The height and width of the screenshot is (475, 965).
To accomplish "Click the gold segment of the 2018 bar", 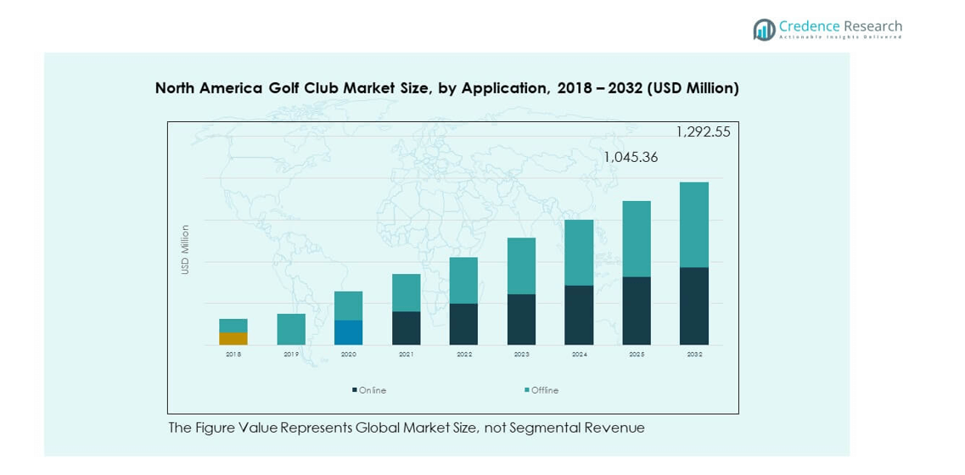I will point(233,338).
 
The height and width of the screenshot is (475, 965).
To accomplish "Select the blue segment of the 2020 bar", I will point(348,332).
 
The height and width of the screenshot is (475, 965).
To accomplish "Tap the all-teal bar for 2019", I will point(291,329).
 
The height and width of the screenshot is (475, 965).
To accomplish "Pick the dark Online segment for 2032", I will point(694,306).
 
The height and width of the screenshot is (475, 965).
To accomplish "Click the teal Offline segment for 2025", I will point(637,238).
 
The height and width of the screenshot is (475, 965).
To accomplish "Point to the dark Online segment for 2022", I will point(463,324).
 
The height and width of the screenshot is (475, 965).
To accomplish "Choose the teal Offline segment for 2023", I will point(521,265).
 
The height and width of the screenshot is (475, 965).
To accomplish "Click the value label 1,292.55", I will point(703,131).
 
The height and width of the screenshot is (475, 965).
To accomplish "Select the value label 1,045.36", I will point(631,157).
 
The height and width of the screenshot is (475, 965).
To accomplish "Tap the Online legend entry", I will point(369,390).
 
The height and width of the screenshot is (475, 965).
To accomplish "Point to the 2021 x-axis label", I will point(406,355).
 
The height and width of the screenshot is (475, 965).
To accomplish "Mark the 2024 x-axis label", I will point(579,355).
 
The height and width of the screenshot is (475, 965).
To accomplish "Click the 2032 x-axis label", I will point(694,355).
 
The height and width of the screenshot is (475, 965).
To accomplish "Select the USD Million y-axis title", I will point(185,249).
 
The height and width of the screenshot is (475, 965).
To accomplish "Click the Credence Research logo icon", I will point(764,30).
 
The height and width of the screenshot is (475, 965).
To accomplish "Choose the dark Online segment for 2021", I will point(406,328).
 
